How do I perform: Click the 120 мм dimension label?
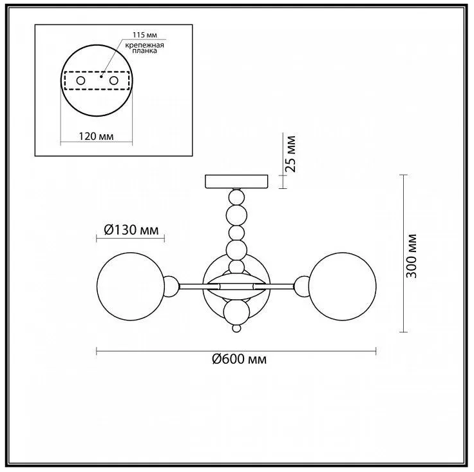(x=96, y=136)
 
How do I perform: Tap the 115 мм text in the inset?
(x=145, y=35)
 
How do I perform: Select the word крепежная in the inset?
(x=144, y=45)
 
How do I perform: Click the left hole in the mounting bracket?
(x=81, y=81)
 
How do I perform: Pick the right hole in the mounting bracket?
(x=113, y=81)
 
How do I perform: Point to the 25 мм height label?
(x=292, y=154)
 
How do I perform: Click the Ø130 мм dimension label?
(x=131, y=230)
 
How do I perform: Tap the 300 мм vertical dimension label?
(x=412, y=256)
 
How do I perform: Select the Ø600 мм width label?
(x=240, y=359)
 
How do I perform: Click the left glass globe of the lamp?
(x=131, y=286)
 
